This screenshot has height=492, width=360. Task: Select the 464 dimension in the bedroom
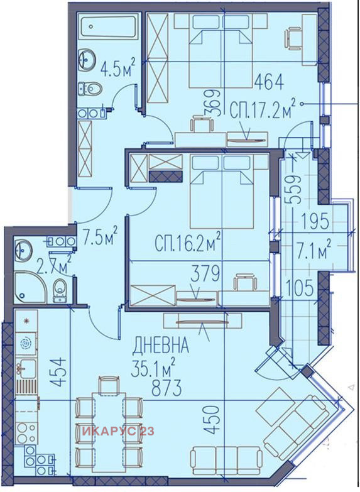tap(269, 82)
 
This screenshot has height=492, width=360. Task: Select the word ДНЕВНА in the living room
tap(161, 345)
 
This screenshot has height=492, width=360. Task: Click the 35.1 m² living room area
tap(154, 366)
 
